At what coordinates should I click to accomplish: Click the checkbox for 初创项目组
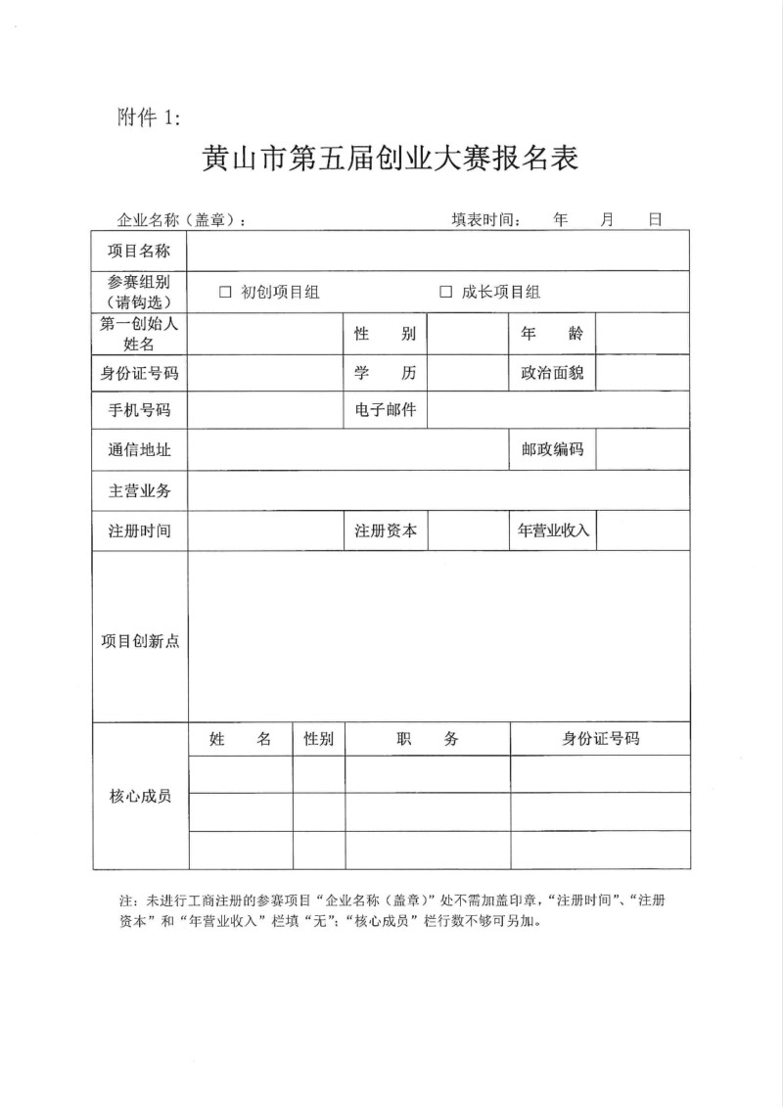225,292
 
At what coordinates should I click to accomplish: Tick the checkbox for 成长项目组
445,292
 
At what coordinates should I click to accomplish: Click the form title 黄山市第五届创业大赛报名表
390,159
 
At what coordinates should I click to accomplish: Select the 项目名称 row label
139,252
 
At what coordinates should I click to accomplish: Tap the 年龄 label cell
552,334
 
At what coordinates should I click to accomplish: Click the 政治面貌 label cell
552,373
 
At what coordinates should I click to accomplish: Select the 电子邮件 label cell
385,410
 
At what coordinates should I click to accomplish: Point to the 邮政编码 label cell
552,450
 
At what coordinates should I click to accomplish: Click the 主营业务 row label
139,490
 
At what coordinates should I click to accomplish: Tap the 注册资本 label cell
385,530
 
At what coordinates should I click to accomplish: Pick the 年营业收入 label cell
552,530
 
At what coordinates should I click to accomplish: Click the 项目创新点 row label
140,641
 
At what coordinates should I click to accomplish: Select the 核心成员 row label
140,797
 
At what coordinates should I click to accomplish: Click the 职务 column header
427,740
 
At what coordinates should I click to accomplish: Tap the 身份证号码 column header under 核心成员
600,739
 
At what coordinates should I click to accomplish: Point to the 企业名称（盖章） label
182,221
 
